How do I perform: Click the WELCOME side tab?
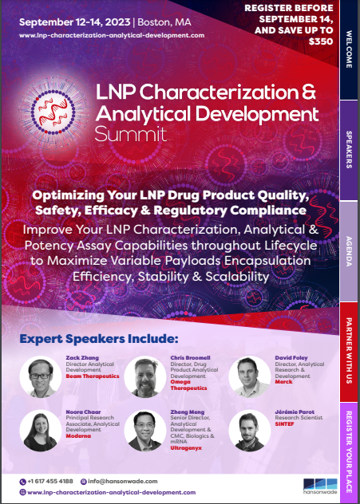click(349, 49)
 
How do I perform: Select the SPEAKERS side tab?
click(349, 150)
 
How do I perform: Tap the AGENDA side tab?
click(349, 251)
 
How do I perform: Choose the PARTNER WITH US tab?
click(349, 352)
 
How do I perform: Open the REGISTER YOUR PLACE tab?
click(349, 452)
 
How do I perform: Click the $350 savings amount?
click(320, 41)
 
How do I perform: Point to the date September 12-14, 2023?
click(75, 22)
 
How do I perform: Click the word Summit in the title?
click(131, 134)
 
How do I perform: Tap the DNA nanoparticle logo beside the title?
click(53, 111)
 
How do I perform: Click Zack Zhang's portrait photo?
click(41, 376)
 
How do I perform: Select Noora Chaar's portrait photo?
click(41, 431)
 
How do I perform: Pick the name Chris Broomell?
click(191, 358)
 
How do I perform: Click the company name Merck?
click(283, 382)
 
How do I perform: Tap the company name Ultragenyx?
click(186, 448)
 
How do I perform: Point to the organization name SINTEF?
click(284, 424)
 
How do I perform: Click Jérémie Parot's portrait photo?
click(250, 431)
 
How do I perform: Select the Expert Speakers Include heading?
click(99, 339)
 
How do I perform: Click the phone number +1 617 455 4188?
click(50, 481)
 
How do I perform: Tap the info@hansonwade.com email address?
click(123, 481)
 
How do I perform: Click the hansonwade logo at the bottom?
click(320, 486)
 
